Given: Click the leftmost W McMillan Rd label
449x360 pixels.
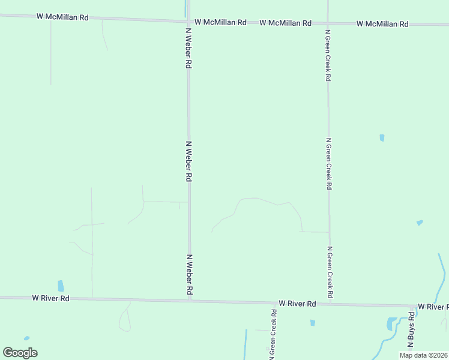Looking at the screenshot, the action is point(62,17).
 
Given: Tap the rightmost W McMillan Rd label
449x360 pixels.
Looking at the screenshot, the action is point(382,23).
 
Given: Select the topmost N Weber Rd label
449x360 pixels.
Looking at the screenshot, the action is point(188,47).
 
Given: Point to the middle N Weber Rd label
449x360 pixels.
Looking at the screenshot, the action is point(188,161).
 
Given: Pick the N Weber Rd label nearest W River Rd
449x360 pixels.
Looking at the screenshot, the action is point(189,274).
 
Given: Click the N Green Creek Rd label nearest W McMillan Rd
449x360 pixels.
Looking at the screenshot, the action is point(328,54).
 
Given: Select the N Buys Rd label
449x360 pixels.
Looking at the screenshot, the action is point(411,331).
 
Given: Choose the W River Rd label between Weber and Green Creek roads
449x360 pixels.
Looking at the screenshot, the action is point(297,304).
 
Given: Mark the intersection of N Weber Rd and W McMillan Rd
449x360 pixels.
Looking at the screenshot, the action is point(188,22).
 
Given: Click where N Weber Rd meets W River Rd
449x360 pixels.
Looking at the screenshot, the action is point(190,300).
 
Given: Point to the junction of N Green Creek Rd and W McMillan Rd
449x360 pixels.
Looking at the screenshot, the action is point(328,23).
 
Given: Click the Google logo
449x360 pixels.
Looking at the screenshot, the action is point(20,353).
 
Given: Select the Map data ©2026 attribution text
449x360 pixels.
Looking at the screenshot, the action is point(423,355).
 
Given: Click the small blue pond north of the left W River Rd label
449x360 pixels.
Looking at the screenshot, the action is point(61,286).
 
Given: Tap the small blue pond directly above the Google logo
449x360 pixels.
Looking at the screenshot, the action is point(26,338).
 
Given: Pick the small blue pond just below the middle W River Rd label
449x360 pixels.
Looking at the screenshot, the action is point(313,323).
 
